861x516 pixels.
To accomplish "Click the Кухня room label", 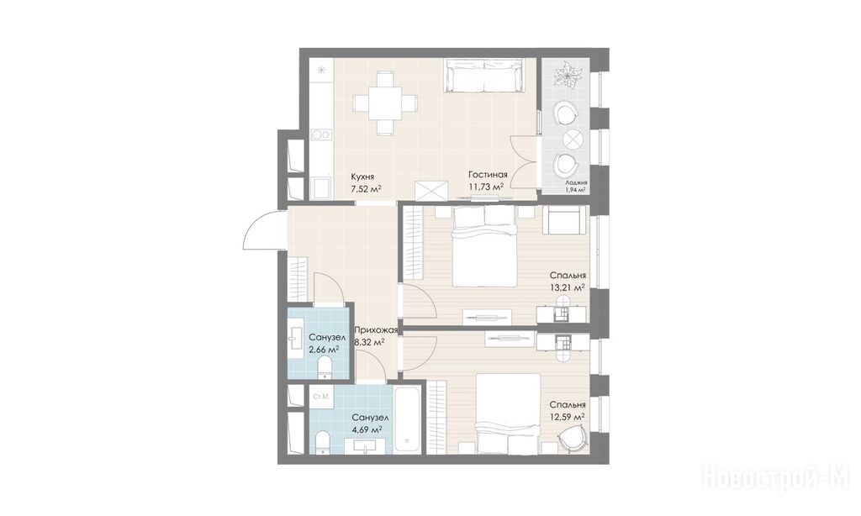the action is pos(363,176).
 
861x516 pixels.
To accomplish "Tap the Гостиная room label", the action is pos(488,175).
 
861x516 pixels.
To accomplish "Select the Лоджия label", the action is pos(575,183).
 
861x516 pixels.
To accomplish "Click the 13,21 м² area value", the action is pos(568,287).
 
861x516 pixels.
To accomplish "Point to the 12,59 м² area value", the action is pos(568,417).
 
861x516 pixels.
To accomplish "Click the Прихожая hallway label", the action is pos(376,330).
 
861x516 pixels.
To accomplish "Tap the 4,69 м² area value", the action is pos(367,429).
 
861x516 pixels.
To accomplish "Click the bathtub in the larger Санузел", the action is pos(407,420).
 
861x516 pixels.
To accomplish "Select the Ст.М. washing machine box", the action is pos(320,397).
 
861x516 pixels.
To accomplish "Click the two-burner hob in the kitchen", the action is pos(320,134).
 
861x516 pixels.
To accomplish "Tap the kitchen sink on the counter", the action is pos(320,189).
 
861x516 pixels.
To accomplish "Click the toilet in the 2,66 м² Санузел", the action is pos(325,366).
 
